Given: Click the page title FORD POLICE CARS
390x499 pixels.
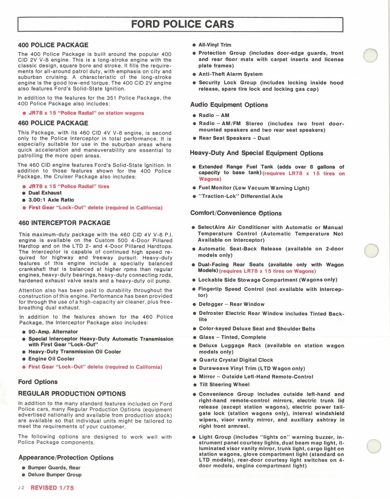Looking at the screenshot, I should point(183,24).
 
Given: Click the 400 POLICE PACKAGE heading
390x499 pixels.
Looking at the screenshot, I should point(53,45).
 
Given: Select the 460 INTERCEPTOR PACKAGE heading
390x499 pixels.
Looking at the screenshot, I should point(64,223).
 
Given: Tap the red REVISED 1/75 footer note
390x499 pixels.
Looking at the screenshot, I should point(52,487).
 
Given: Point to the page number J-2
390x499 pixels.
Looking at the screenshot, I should point(21,487).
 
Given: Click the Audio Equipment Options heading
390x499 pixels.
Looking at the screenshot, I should point(229,105).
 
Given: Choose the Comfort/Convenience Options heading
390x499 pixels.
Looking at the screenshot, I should point(235,213).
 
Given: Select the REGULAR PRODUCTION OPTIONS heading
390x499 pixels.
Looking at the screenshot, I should point(72,393).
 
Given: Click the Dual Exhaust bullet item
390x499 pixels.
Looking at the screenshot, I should point(49,192).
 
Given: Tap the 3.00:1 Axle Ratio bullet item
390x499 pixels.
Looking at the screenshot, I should point(51,200).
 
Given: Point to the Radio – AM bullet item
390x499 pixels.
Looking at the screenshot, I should point(214,115).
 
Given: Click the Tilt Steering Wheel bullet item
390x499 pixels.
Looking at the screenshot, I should point(224,385).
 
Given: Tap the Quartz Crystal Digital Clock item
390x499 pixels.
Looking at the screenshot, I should point(236,360).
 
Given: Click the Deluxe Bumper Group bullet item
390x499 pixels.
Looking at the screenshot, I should point(55,475).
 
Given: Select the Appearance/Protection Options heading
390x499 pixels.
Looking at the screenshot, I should point(65,458).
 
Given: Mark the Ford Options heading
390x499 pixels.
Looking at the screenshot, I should point(38,382).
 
